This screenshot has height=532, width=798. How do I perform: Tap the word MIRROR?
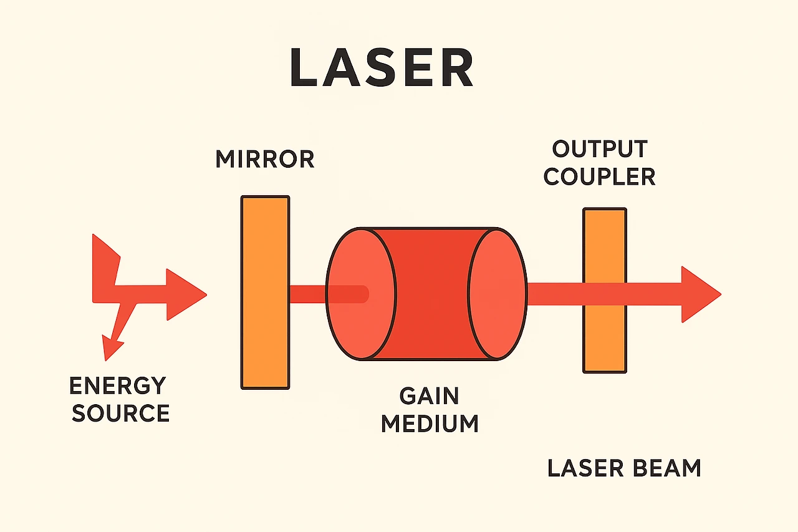[264, 159]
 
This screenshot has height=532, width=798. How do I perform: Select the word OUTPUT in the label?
[600, 150]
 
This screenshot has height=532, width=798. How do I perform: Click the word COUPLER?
[600, 177]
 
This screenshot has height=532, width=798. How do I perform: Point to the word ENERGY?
[117, 386]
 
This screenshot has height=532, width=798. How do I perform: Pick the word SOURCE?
[121, 413]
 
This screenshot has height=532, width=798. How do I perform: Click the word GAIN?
[429, 396]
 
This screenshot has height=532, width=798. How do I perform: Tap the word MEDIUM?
[430, 423]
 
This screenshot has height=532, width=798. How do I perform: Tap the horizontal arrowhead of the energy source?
[187, 294]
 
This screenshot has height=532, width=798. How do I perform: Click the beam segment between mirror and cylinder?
[307, 293]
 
